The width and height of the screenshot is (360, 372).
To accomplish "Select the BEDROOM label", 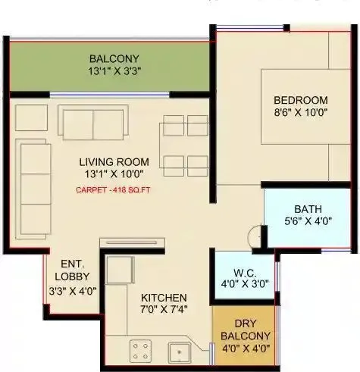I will [301, 100].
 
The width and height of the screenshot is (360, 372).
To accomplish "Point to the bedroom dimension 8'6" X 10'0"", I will [301, 113].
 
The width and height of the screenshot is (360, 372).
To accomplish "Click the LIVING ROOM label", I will [114, 161].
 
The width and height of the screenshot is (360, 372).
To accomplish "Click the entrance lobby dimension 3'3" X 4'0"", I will [74, 289].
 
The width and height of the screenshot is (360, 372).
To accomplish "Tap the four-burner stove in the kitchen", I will [141, 351].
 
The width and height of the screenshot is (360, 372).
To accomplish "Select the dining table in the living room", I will [186, 144].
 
